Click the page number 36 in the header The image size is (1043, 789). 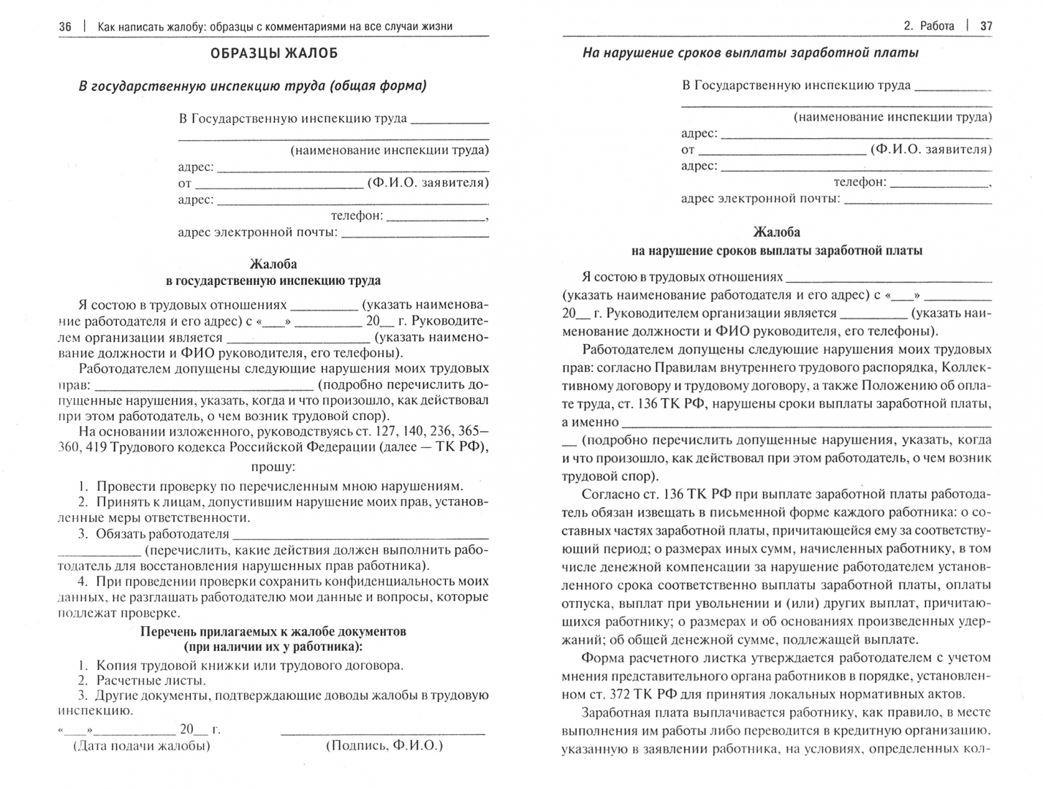click(65, 26)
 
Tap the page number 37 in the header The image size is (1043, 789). click(985, 26)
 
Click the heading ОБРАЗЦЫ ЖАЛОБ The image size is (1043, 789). click(273, 54)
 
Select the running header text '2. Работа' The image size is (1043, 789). click(928, 26)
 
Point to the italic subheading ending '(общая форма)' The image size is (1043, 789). click(252, 86)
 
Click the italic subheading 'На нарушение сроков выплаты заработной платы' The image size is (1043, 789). click(750, 53)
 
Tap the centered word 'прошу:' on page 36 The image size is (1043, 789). click(273, 467)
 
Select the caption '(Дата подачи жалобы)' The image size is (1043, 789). click(140, 746)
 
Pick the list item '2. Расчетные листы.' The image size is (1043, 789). click(142, 680)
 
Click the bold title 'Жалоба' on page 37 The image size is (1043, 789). click(776, 232)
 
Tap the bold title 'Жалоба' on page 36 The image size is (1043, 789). click(273, 264)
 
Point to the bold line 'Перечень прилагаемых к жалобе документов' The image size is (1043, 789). click(273, 631)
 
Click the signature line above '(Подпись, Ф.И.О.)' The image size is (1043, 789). click(383, 731)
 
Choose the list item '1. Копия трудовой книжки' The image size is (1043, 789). click(240, 666)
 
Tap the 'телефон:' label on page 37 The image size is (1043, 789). click(860, 182)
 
